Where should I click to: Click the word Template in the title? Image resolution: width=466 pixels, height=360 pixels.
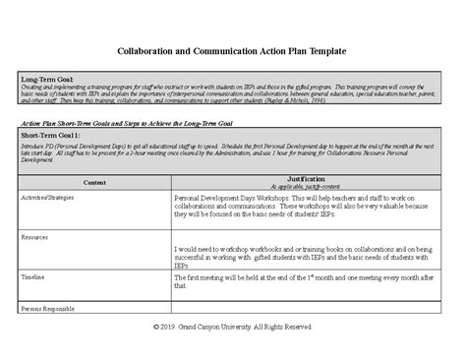click(x=319, y=50)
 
